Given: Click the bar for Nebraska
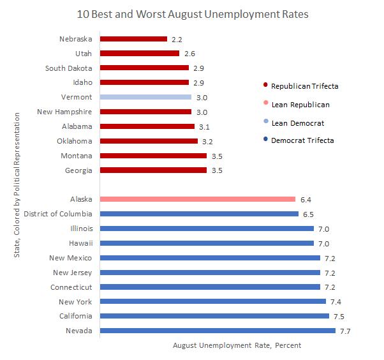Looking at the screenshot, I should pos(133,39).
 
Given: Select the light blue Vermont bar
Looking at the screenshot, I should pos(145,97).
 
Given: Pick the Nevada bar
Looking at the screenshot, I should pos(218,331).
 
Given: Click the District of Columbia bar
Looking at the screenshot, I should pos(199,214).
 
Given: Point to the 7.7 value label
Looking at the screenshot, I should pos(345,331).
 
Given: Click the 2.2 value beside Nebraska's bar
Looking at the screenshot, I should pos(177,40).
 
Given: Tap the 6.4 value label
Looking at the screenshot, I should pos(306,200).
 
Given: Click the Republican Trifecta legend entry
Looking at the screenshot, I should pos(304,86).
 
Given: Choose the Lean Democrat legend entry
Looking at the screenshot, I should pos(297,123).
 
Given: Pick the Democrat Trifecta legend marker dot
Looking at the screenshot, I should pos(264,140).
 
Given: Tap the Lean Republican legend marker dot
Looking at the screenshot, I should pos(264,104).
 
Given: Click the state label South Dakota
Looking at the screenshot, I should pos(69,68).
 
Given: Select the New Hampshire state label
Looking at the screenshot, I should pos(64,112).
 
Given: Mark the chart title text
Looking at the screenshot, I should pos(191,13).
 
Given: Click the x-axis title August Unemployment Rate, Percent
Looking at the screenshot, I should pos(237,345).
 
